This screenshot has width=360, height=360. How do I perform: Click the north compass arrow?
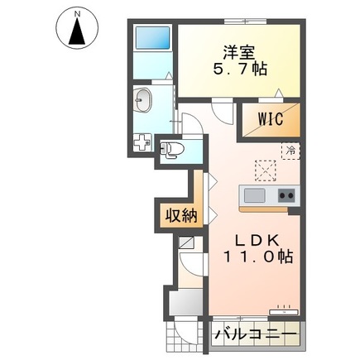(75, 33)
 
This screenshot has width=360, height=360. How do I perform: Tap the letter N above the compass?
(75, 13)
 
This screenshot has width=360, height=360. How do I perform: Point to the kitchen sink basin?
(253, 195)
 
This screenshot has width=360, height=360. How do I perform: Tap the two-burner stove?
(286, 195)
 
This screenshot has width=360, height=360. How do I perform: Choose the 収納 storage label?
(179, 217)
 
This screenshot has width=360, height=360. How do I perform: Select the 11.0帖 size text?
(257, 257)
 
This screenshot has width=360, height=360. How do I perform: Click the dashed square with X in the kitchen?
(266, 170)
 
